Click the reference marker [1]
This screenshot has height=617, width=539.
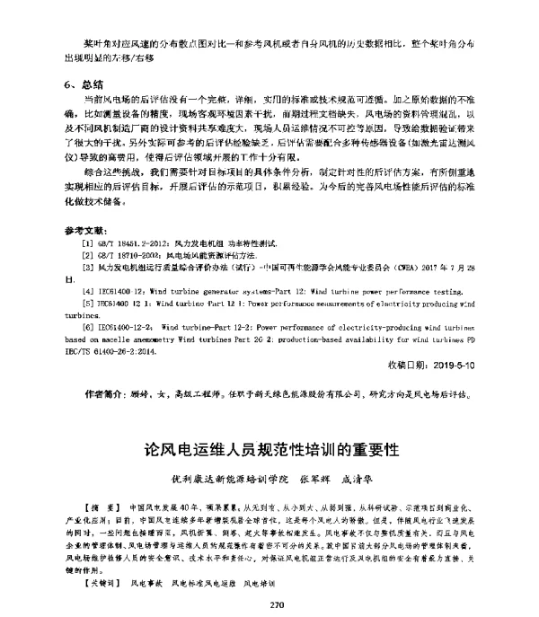click(87, 243)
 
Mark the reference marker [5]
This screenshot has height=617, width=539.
click(87, 304)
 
